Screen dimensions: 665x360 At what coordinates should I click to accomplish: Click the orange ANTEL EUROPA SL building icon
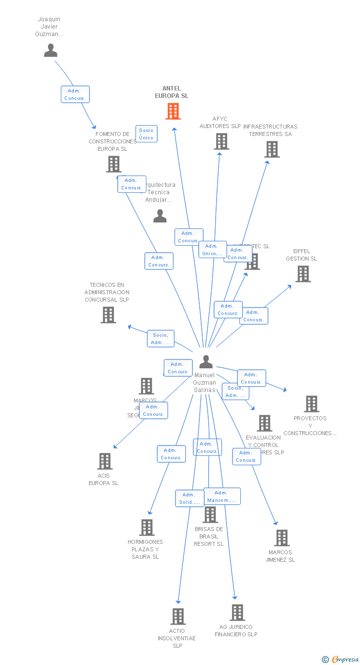click(173, 111)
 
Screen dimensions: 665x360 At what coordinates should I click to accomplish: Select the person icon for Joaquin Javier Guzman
click(50, 50)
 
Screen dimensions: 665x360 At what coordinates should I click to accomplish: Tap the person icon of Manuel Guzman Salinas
click(206, 362)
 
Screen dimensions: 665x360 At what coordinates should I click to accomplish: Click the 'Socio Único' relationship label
click(146, 134)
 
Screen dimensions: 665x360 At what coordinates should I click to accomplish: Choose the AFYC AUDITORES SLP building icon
click(221, 141)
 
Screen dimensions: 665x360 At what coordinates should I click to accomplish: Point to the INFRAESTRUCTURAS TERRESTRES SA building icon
click(271, 149)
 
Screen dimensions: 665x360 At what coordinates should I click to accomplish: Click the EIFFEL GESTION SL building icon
click(303, 274)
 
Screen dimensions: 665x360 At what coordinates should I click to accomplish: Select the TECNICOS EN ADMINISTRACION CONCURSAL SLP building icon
click(108, 315)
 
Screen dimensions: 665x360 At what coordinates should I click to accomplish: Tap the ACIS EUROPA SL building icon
click(104, 461)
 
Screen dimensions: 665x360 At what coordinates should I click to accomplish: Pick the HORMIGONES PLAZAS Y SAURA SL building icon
click(146, 528)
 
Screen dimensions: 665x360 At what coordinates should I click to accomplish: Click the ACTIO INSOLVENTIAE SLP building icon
click(178, 617)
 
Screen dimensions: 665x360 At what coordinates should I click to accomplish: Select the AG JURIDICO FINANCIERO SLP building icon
click(237, 613)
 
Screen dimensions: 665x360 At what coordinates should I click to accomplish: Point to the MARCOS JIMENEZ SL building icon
click(281, 538)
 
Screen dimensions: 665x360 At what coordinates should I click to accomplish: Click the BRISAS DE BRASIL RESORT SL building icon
click(210, 515)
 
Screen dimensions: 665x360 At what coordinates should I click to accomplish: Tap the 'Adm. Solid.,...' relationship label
click(190, 498)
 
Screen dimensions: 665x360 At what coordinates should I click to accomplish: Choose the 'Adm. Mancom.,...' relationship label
click(222, 496)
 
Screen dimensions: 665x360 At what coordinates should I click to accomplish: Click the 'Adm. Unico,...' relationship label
click(212, 250)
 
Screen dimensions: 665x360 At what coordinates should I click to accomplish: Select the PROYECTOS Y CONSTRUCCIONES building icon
click(311, 404)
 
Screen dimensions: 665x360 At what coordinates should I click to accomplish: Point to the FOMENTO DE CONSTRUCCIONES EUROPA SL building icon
click(113, 164)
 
